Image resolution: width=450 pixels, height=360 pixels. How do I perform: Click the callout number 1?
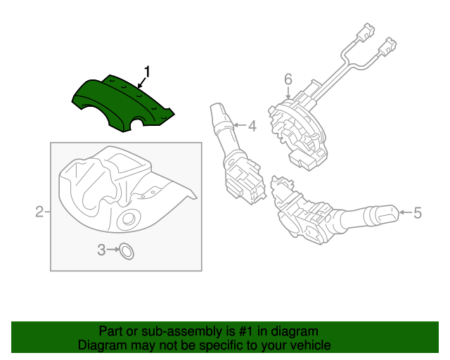point(148,72)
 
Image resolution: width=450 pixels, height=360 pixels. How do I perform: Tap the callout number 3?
point(102,250)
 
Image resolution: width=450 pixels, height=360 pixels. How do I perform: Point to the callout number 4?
point(252,127)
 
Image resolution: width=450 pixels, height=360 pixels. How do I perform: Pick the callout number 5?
point(417,212)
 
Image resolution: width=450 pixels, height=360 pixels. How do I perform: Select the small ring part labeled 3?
point(127,250)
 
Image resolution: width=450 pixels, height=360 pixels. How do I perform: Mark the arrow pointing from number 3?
point(112,250)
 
